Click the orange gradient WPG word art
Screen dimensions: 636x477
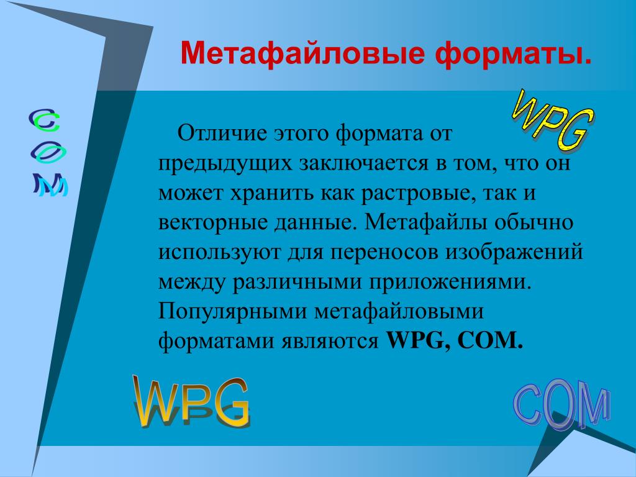coord(191,402)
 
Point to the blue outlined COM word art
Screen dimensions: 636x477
coord(561,404)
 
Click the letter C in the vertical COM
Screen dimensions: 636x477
coord(45,120)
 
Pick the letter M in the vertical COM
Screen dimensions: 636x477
coord(50,185)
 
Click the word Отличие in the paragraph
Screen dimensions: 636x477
coord(222,133)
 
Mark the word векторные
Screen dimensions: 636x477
coord(213,223)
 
